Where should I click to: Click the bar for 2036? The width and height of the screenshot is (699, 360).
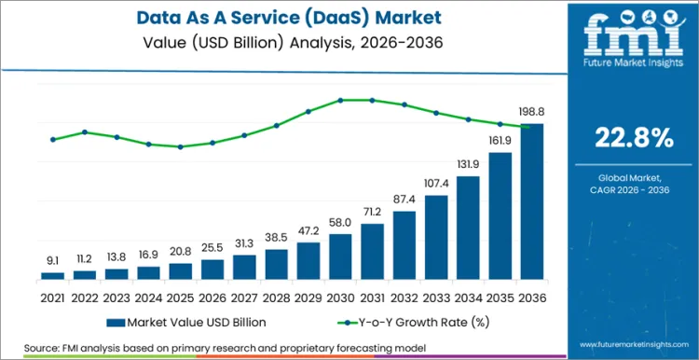[x=530, y=201]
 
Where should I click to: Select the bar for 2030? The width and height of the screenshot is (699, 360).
[x=340, y=256]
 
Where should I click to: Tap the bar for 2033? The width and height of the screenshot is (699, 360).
[x=435, y=237]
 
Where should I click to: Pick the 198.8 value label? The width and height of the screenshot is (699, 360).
[x=530, y=111]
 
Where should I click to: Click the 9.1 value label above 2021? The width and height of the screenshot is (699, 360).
[x=53, y=261]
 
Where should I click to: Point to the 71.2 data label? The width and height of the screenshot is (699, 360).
[x=372, y=212]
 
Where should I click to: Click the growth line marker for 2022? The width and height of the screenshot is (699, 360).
[x=85, y=132]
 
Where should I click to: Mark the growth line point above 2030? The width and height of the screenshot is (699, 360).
[x=340, y=100]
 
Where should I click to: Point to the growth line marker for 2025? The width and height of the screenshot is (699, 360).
[x=181, y=146]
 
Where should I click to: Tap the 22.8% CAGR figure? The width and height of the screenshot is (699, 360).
[x=633, y=137]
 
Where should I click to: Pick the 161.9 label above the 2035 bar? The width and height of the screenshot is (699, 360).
[x=499, y=141]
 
